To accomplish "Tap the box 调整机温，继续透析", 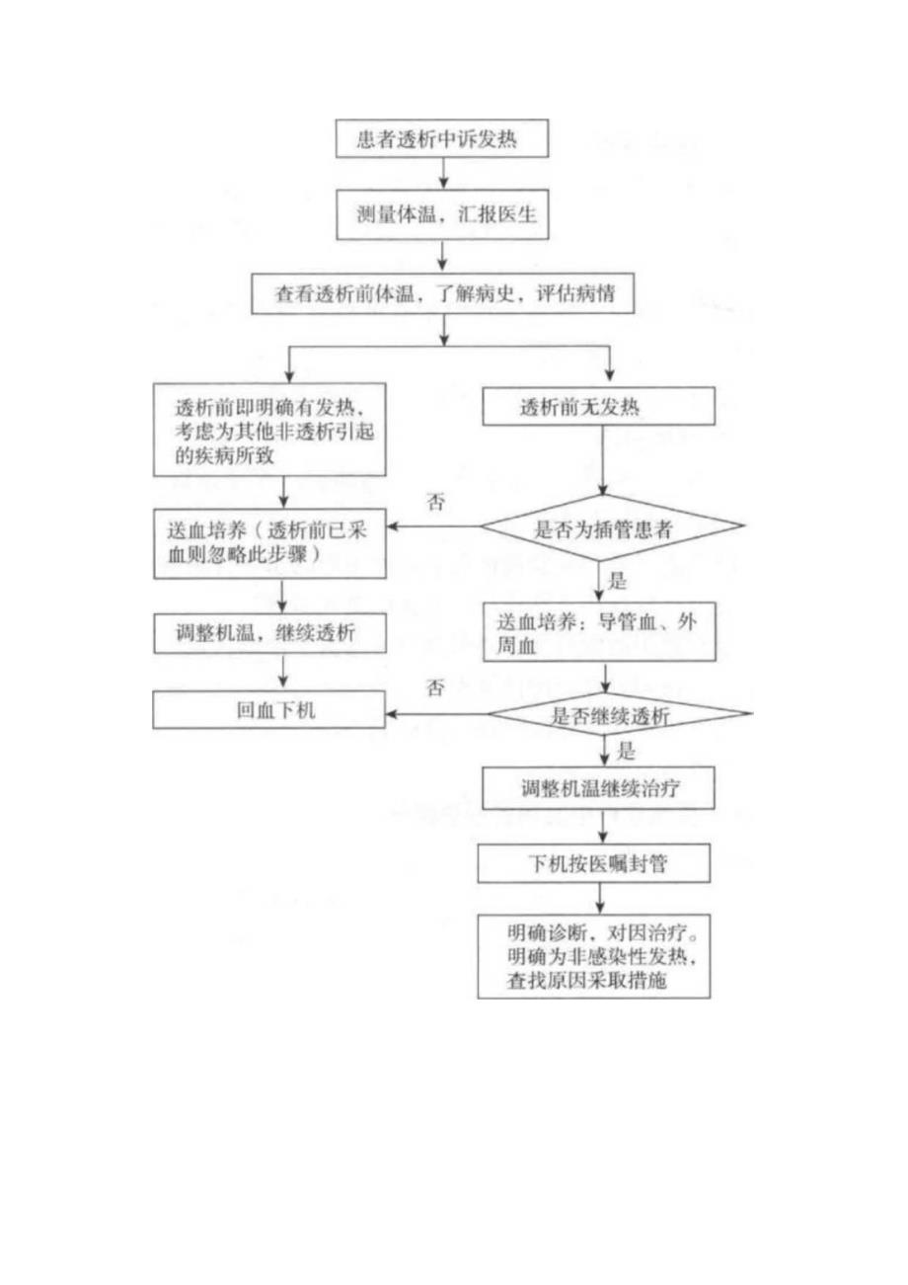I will [267, 632].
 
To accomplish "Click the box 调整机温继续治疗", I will [599, 787].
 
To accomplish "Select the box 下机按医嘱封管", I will [599, 862].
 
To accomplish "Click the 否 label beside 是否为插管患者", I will [435, 503].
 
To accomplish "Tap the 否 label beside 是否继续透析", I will [435, 689].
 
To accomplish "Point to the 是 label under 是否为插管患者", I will [620, 580].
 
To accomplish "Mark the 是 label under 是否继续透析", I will [624, 751].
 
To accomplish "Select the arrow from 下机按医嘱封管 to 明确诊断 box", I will [600, 899].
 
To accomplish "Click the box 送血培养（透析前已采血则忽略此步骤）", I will [267, 544].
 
